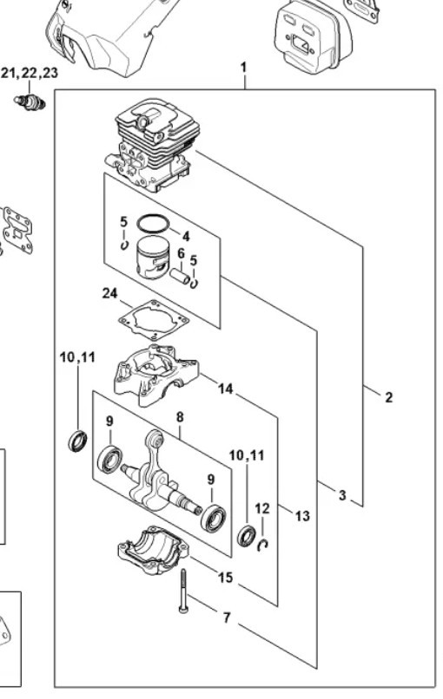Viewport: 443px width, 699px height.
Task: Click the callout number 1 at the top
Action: (244, 67)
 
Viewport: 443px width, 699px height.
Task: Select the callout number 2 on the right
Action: (388, 397)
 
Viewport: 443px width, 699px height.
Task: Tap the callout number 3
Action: (342, 495)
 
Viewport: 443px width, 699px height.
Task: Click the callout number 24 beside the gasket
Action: (109, 294)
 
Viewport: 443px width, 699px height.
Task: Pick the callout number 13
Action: (302, 516)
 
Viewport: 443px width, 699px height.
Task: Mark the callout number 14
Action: (225, 390)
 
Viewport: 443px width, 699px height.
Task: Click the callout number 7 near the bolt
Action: (226, 618)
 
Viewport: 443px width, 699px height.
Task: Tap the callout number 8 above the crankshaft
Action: (180, 417)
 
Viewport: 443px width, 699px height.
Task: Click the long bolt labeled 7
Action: (184, 591)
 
